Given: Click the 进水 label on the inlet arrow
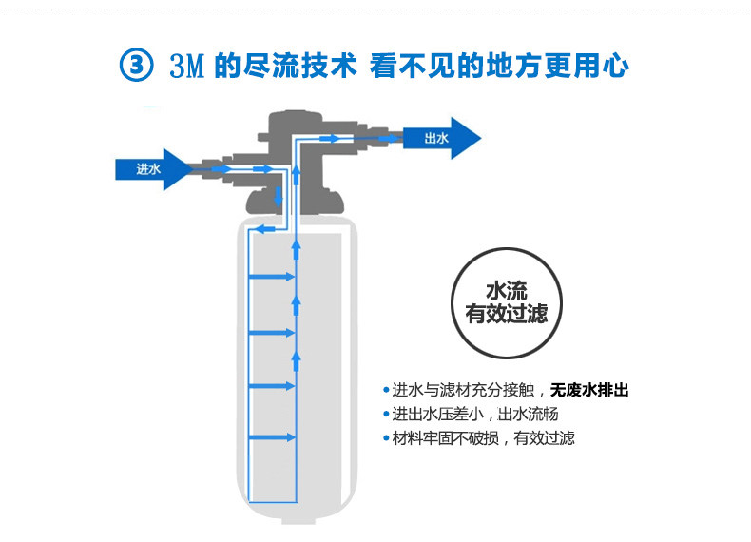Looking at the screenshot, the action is [148, 169].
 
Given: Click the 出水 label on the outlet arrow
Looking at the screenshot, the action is [436, 138].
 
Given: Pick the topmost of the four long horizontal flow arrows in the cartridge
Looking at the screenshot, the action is [272, 279].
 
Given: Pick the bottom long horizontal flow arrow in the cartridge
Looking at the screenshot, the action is [272, 437].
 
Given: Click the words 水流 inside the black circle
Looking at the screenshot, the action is [506, 290].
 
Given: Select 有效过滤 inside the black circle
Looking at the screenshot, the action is [506, 314].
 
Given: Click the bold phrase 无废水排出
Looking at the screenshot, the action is [590, 391].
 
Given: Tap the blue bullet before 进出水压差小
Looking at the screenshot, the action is [387, 415].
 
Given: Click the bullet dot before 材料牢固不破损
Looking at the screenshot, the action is [387, 438].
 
